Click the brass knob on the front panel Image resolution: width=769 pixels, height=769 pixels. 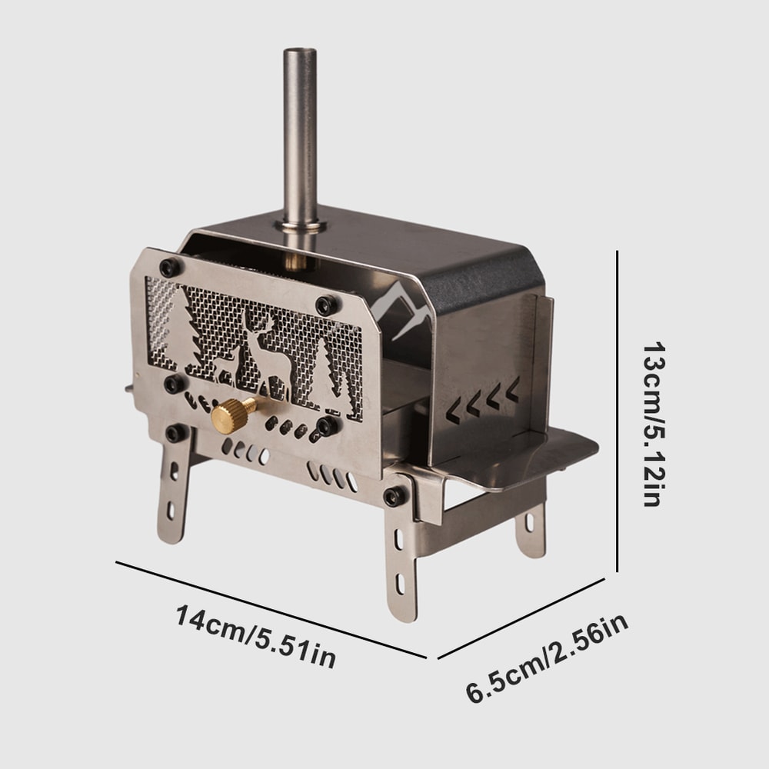click(x=232, y=416)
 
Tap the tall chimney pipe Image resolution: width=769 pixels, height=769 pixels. click(x=299, y=131)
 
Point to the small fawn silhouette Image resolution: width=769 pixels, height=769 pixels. click(x=225, y=365)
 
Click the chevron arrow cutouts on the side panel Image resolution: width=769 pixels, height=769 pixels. click(x=483, y=398)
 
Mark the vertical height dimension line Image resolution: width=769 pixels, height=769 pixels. click(x=618, y=411)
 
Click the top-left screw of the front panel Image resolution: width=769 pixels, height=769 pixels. click(x=168, y=268)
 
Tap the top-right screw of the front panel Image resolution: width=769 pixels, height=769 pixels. click(x=328, y=305)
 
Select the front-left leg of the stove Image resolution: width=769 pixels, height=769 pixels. click(x=173, y=492)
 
